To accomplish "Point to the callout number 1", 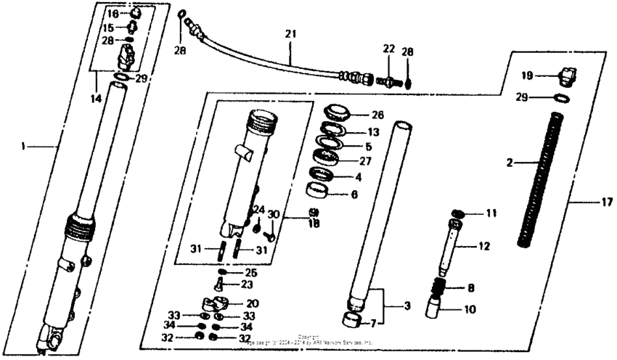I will [x=24, y=146].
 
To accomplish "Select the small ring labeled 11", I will [x=458, y=213].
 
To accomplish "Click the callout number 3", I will [x=407, y=306].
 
